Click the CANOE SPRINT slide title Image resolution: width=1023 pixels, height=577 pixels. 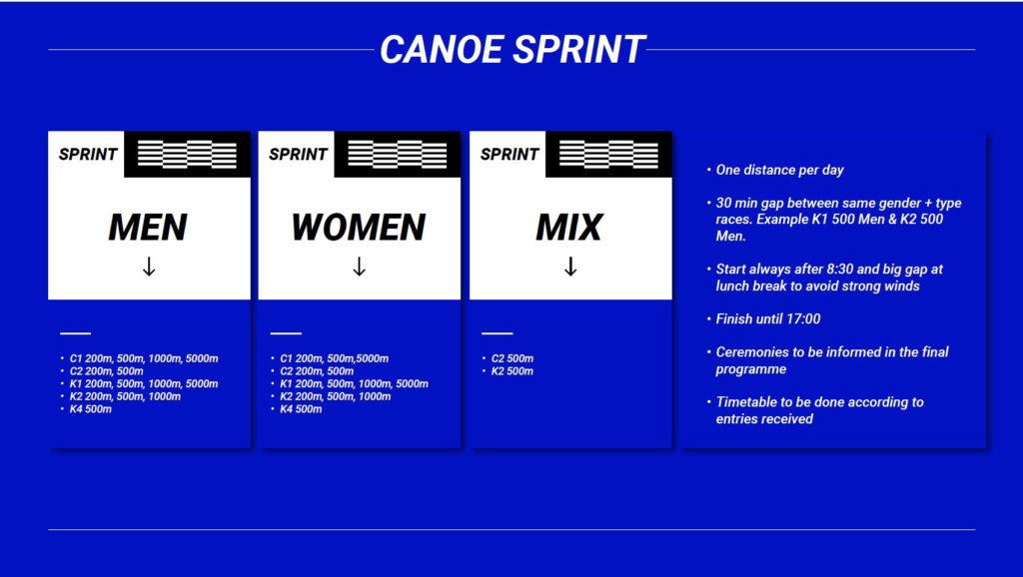pos(512,50)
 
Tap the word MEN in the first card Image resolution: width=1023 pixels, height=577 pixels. pos(148,227)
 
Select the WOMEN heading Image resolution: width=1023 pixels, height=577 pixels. pos(359,227)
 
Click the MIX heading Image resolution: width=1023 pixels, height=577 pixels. pos(569,227)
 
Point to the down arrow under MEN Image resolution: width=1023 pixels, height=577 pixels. pos(149,267)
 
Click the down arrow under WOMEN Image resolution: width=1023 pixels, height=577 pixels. pos(359,267)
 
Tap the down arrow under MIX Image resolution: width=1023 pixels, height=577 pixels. pos(570,267)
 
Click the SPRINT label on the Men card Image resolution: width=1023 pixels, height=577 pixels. pos(88,155)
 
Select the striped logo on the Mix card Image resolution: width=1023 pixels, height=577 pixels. pos(608,155)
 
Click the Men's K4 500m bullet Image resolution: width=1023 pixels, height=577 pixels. pos(91,409)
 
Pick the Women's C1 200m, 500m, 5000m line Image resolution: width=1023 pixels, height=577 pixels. pos(334,358)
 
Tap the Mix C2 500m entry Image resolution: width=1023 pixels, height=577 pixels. pos(512,358)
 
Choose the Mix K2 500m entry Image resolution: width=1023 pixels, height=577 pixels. pos(512,371)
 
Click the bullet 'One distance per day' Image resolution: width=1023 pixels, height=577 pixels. pos(779,170)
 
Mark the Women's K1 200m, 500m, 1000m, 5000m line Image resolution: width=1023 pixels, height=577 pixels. pos(355,384)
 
